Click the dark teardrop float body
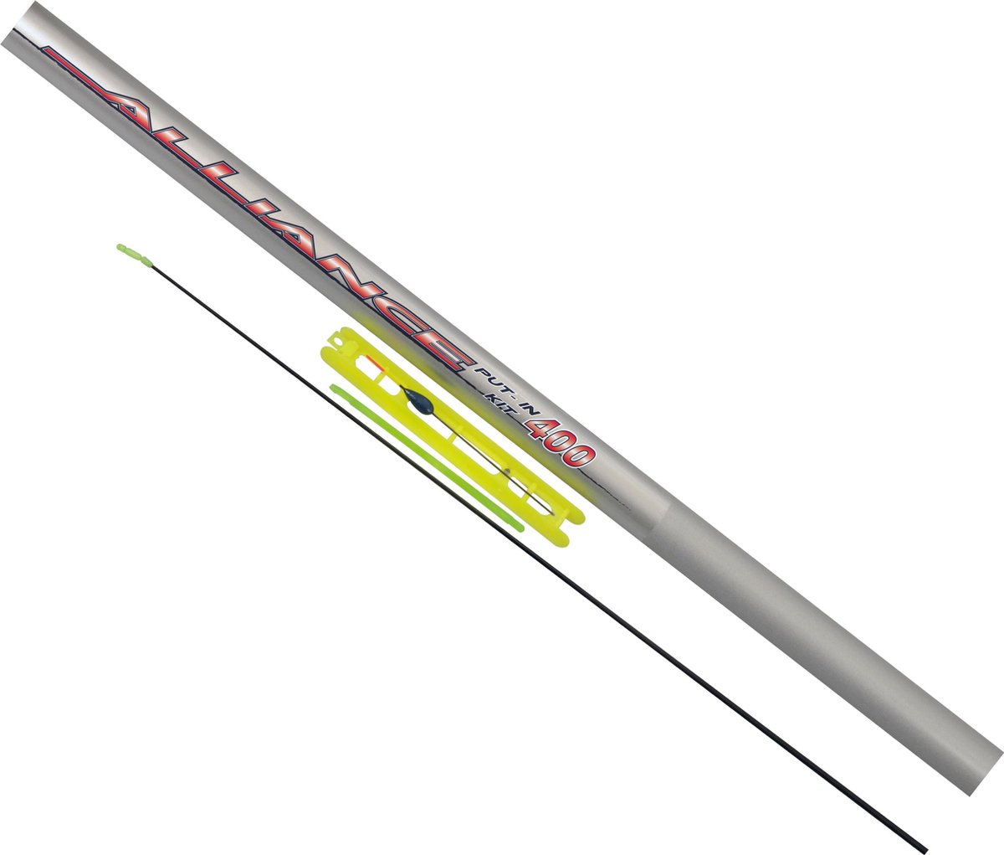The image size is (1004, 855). pyautogui.click(x=413, y=394)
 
